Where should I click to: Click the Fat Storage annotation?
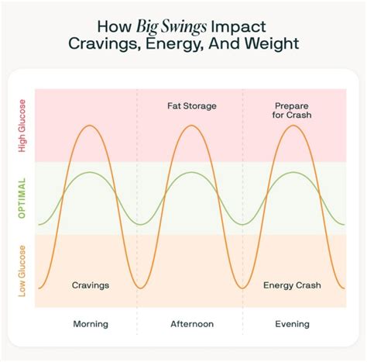[191, 105]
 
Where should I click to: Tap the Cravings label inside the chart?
[90, 284]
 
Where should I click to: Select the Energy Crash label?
[293, 284]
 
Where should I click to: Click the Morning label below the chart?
[90, 323]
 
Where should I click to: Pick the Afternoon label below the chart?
[191, 323]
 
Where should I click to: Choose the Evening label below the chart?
[293, 323]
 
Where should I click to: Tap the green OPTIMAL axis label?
[22, 197]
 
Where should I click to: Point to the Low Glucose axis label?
[22, 271]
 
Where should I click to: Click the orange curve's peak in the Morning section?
[90, 125]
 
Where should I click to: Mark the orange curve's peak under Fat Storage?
[191, 125]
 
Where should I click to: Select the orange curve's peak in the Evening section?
[293, 125]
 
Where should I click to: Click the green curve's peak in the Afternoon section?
[191, 171]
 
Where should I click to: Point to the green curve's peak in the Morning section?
[90, 171]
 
